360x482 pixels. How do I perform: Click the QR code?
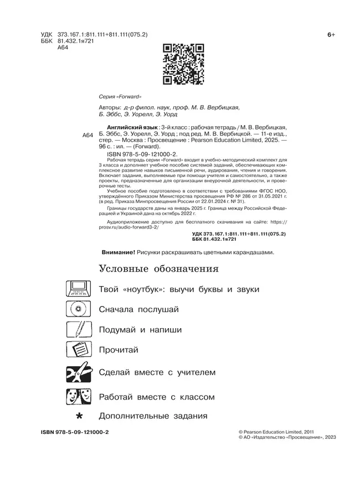pyautogui.click(x=180, y=64)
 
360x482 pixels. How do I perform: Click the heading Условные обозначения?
pyautogui.click(x=158, y=269)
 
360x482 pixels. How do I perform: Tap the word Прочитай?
pyautogui.click(x=118, y=350)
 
